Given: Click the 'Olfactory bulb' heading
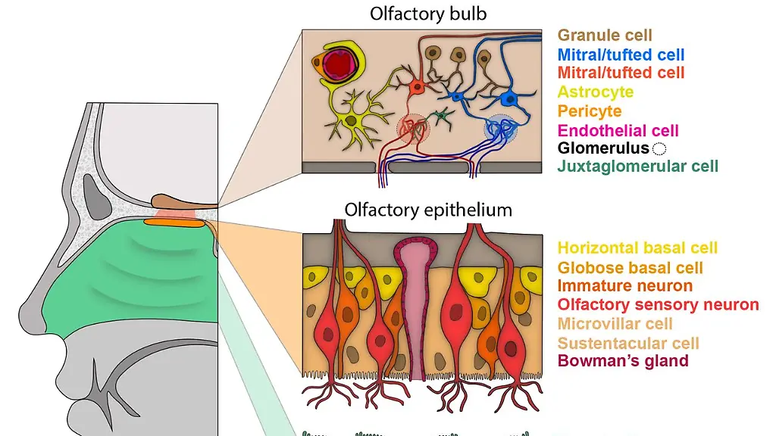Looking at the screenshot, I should click(x=428, y=14).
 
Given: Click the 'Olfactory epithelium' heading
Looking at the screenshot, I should click(x=428, y=209).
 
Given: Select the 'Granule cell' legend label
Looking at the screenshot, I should click(x=605, y=35).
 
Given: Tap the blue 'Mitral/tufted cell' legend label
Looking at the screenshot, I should click(x=621, y=54).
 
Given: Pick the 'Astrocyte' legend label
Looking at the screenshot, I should click(x=596, y=92).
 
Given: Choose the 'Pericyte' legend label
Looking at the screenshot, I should click(x=590, y=111).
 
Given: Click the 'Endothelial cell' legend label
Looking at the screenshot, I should click(x=618, y=131).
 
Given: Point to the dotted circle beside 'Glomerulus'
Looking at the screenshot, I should click(x=659, y=149).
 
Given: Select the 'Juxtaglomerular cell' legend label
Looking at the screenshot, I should click(x=637, y=166).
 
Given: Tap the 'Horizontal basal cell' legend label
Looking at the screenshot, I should click(x=637, y=248).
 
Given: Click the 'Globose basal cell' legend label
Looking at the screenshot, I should click(x=630, y=268).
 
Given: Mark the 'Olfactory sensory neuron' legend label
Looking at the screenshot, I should click(x=658, y=305).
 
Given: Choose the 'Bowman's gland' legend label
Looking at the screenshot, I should click(x=623, y=361).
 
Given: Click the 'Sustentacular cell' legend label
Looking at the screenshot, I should click(x=628, y=343).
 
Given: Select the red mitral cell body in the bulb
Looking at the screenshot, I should click(x=416, y=88).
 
